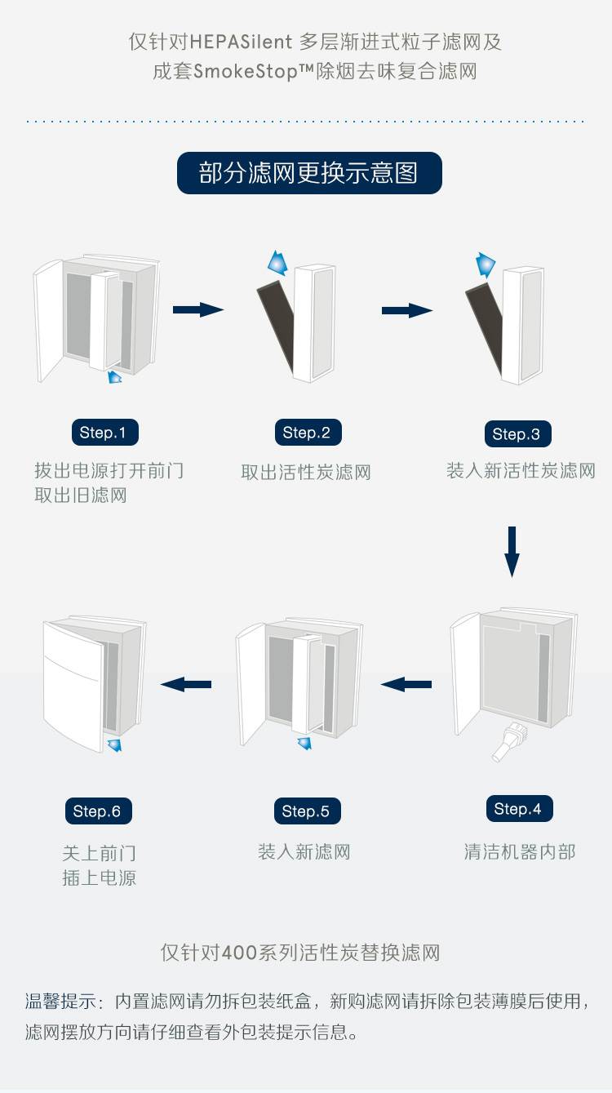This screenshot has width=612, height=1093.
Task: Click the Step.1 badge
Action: point(104,433)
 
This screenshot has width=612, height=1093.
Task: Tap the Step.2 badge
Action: point(307,433)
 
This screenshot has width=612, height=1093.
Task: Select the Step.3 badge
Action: point(517,434)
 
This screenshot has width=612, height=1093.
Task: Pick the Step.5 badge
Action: point(306,811)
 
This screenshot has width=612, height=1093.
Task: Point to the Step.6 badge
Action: point(97,811)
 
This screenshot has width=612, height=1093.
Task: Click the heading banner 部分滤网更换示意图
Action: point(308,173)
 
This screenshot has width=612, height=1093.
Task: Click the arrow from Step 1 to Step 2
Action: point(198,309)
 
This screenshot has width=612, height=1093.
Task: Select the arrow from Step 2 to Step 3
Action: point(407,310)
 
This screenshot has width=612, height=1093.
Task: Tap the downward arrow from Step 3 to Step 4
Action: point(512,552)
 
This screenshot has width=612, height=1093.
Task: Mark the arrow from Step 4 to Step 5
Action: point(406,684)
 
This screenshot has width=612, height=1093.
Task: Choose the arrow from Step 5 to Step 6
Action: point(186,684)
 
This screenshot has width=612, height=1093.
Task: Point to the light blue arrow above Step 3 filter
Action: point(486,264)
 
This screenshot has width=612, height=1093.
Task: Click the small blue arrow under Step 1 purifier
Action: point(115,376)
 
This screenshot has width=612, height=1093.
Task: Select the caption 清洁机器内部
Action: point(520,852)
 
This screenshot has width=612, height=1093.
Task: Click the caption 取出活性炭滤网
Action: point(306,472)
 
